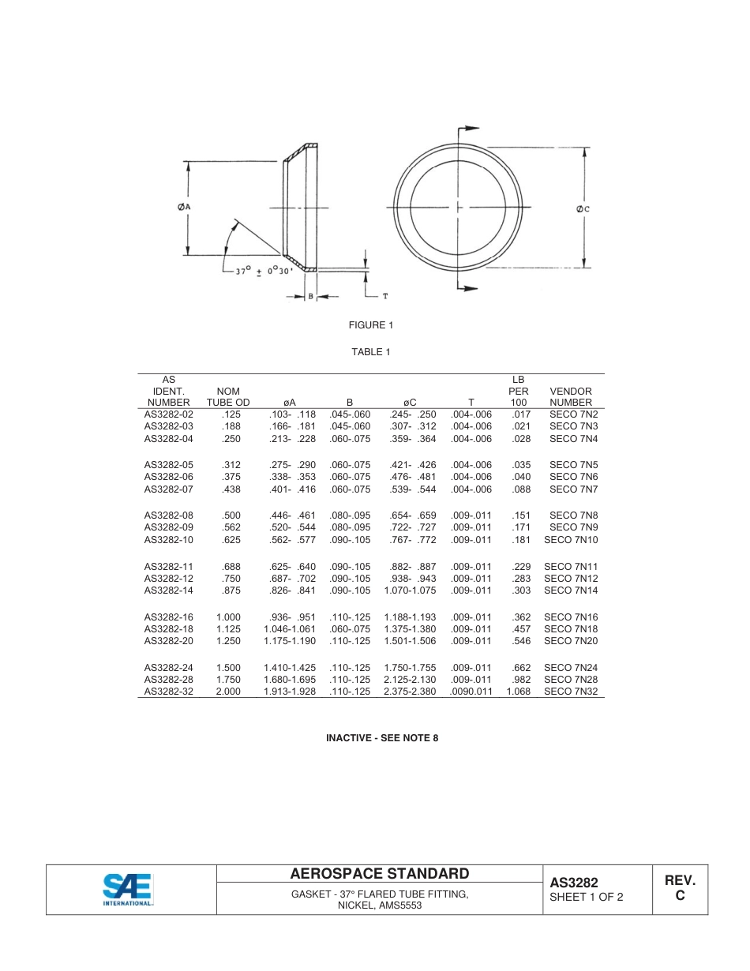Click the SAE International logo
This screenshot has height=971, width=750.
click(128, 889)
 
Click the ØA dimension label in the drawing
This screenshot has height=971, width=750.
click(185, 207)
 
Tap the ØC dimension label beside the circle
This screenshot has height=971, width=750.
click(583, 208)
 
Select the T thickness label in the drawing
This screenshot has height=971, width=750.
click(384, 296)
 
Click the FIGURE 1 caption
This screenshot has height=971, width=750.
click(371, 325)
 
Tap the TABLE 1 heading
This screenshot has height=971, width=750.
click(371, 352)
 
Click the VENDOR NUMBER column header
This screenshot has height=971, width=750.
click(571, 396)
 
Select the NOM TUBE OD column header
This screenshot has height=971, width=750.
click(228, 396)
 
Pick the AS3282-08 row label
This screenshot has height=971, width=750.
click(168, 515)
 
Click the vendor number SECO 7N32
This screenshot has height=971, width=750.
click(571, 692)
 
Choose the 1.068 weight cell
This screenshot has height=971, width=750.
click(518, 692)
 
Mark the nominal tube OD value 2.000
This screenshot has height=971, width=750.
click(228, 692)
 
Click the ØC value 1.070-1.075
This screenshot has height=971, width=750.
click(410, 590)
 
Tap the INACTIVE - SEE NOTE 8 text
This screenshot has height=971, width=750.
click(382, 738)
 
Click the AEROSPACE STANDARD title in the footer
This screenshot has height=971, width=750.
click(380, 874)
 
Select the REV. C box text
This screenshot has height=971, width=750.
click(680, 888)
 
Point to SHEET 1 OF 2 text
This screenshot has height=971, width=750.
click(587, 897)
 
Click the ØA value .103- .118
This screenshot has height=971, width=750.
click(292, 414)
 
